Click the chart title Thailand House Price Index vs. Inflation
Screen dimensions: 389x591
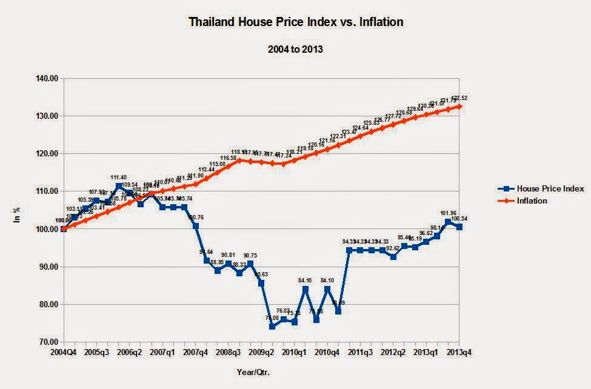296,22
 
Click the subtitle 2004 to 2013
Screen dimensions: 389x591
295,49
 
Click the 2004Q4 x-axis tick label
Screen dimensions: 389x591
64,352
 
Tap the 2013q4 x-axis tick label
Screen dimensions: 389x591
459,352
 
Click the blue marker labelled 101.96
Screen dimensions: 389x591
448,222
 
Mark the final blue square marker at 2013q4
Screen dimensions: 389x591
459,227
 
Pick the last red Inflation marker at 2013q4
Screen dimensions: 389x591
459,106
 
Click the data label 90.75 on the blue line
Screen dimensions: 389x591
253,256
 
